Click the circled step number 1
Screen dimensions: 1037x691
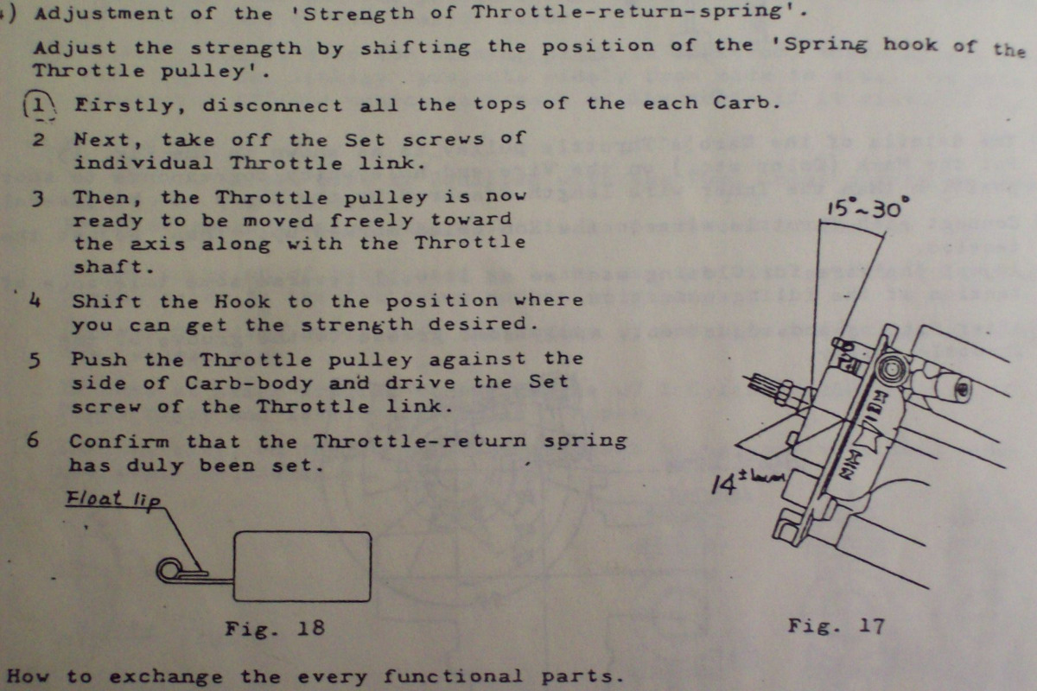40,106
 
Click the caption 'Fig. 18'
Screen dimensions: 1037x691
275,629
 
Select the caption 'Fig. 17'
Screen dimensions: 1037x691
837,626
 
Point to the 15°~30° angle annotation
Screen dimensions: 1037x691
868,207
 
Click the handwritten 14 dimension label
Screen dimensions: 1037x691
723,485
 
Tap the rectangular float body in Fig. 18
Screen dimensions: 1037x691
302,566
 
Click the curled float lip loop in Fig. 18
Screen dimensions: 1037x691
169,570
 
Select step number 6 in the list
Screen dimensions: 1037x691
33,440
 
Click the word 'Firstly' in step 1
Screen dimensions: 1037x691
124,106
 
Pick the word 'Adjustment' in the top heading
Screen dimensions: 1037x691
105,13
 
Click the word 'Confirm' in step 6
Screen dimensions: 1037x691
119,441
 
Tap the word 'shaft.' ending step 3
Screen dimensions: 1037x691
114,267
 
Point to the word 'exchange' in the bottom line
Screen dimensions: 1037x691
166,677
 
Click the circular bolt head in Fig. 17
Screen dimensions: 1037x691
890,369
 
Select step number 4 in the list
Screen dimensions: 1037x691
35,301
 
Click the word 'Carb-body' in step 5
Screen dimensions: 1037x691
249,384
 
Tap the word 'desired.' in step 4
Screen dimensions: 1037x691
483,324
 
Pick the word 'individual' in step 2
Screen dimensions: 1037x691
143,163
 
